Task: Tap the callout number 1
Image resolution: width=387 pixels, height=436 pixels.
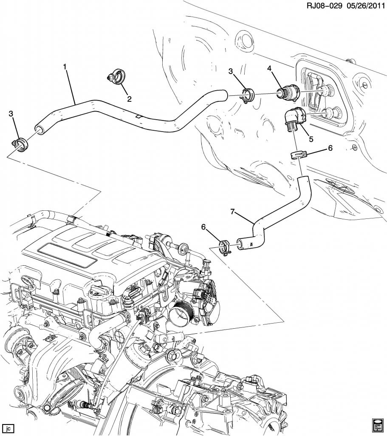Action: pos(65,67)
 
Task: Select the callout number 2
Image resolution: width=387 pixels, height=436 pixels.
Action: pos(129,99)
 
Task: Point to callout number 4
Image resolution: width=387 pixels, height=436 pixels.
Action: pos(269,68)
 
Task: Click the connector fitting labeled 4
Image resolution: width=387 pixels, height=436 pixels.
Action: pos(287,92)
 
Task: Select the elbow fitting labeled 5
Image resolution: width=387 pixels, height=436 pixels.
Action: pos(293,118)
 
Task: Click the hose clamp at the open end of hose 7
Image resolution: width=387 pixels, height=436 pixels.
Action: pos(225,247)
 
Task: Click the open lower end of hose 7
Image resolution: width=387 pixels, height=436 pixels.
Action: pos(240,243)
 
